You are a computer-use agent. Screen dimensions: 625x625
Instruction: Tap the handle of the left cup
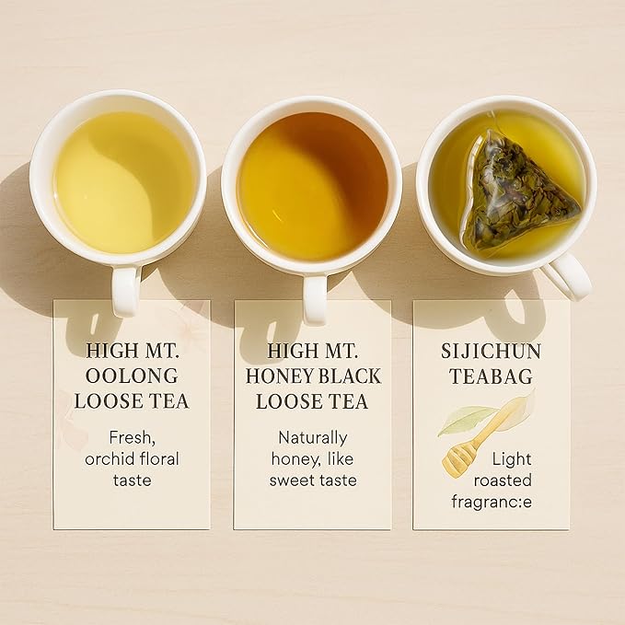125,289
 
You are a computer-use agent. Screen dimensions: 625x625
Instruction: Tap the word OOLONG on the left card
132,376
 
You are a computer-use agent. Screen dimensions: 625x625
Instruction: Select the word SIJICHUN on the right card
492,351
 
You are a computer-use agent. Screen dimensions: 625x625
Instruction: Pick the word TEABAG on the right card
492,376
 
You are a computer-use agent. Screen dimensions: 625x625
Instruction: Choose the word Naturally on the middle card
312,437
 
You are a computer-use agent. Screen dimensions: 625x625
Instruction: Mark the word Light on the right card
512,458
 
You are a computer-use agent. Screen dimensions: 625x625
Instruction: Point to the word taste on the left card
132,480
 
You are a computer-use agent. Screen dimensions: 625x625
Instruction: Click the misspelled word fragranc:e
492,502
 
